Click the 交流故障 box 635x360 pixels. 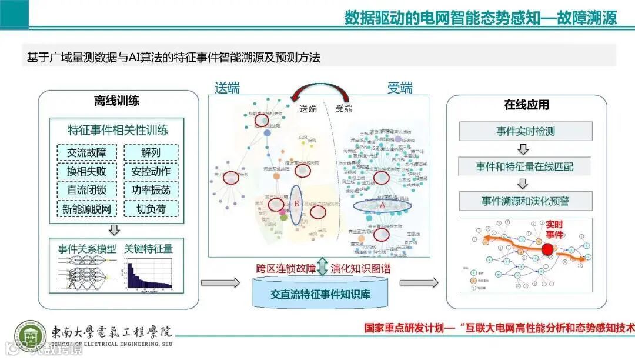click(87, 153)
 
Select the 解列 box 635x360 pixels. click(151, 153)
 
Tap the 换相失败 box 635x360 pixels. click(87, 171)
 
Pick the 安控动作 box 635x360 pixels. click(151, 171)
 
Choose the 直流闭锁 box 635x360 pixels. click(87, 190)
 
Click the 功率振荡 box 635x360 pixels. click(151, 190)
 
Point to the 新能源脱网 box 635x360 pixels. click(87, 209)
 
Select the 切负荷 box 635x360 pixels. click(151, 209)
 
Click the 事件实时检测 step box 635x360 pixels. click(525, 131)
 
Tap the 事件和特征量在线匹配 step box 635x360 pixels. click(525, 166)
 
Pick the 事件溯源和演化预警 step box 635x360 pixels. click(525, 201)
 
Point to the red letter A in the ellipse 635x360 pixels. click(382, 206)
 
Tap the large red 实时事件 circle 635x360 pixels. click(547, 248)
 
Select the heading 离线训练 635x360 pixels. click(116, 101)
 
